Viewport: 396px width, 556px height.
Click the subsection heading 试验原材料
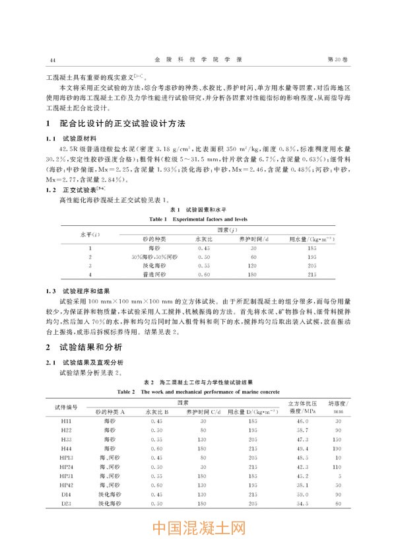point(79,139)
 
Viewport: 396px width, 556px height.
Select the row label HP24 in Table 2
point(67,466)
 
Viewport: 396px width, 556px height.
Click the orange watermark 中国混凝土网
point(198,530)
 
